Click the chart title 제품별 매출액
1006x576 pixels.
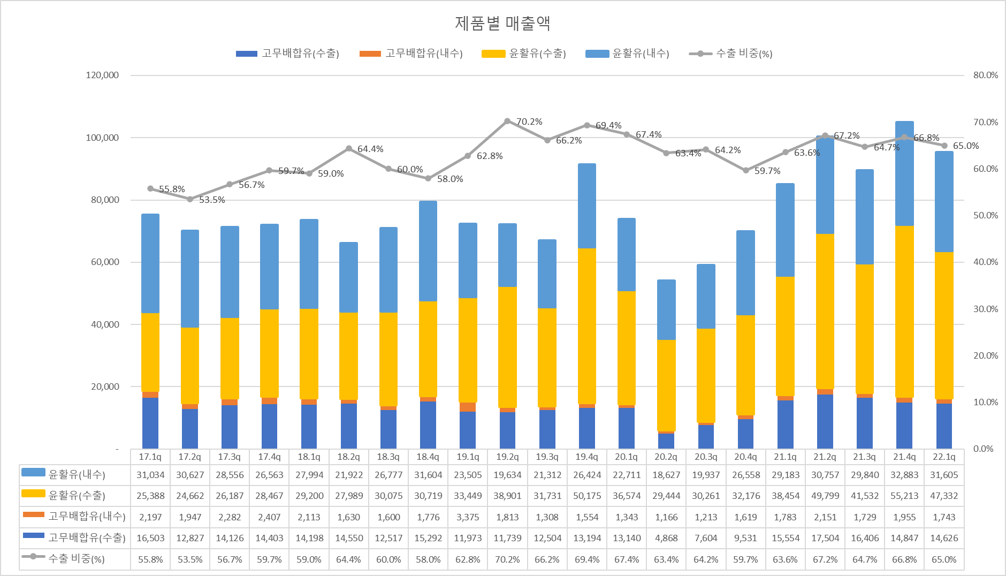point(502,23)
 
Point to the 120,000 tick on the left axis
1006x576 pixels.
point(102,75)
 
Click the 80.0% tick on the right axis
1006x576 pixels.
point(985,75)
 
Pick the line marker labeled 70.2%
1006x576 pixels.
point(507,121)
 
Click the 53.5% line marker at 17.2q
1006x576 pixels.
point(190,199)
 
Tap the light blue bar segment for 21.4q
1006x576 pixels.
point(904,173)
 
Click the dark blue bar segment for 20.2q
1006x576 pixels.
point(666,441)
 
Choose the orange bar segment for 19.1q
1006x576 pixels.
point(468,407)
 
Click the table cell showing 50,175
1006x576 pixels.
point(587,496)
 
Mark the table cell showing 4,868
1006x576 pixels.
point(666,538)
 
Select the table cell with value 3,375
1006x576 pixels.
point(468,517)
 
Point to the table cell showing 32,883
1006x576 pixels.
point(904,475)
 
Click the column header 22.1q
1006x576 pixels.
point(944,457)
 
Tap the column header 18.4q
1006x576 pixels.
point(428,457)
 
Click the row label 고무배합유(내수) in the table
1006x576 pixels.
point(87,517)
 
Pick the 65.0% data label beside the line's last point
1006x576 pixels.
point(966,146)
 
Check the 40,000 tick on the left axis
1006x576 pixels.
point(105,324)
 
